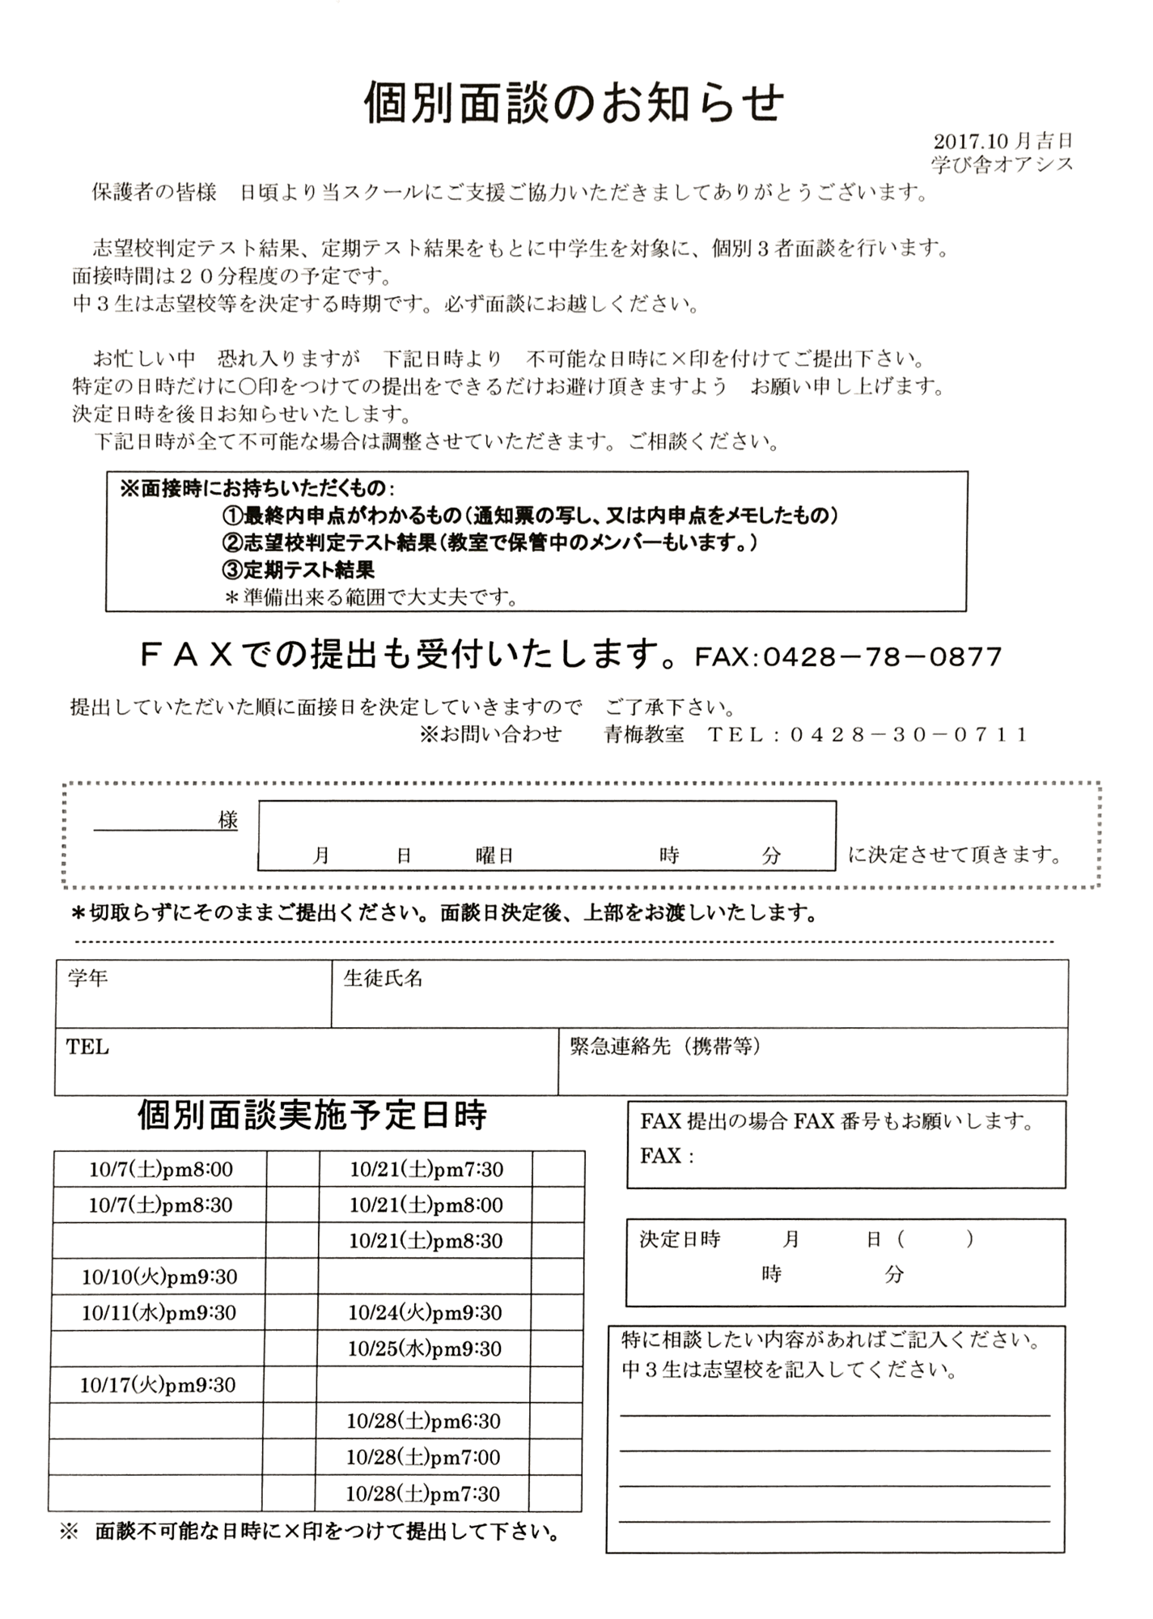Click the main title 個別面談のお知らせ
pyautogui.click(x=574, y=103)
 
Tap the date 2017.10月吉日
pyautogui.click(x=1003, y=142)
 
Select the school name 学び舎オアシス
pyautogui.click(x=1002, y=164)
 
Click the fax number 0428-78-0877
pyautogui.click(x=882, y=657)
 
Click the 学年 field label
pyautogui.click(x=87, y=978)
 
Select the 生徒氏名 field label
pyautogui.click(x=383, y=978)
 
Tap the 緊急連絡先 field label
pyautogui.click(x=665, y=1047)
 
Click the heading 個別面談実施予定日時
pyautogui.click(x=312, y=1115)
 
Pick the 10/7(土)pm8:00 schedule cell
pyautogui.click(x=160, y=1169)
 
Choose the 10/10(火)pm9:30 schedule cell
pyautogui.click(x=159, y=1277)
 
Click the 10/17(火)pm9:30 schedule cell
pyautogui.click(x=158, y=1385)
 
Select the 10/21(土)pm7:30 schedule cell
pyautogui.click(x=426, y=1169)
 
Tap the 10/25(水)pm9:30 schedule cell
pyautogui.click(x=424, y=1349)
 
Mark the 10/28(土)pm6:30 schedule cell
pyautogui.click(x=423, y=1421)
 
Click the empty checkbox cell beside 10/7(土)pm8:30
pyautogui.click(x=292, y=1205)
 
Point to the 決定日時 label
pyautogui.click(x=679, y=1239)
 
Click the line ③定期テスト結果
pyautogui.click(x=299, y=570)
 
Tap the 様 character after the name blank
pyautogui.click(x=228, y=820)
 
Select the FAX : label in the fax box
pyautogui.click(x=667, y=1156)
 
